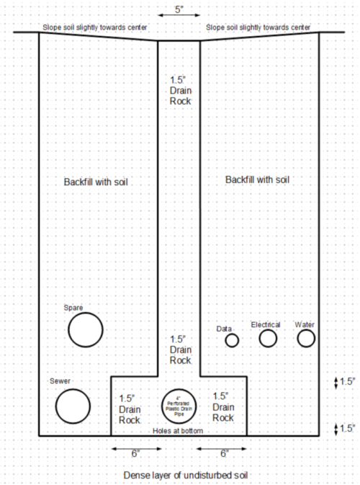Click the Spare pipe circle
click(68, 330)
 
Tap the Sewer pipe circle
click(56, 406)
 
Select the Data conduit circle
click(225, 341)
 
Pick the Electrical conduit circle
click(259, 339)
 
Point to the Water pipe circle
click(297, 339)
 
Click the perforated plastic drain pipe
click(161, 406)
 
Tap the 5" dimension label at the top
click(179, 9)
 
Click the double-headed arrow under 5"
click(179, 15)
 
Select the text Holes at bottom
click(178, 430)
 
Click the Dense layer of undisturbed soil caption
click(186, 475)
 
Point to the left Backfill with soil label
click(96, 182)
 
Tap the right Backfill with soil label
click(258, 179)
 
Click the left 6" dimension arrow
click(136, 448)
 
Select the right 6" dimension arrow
click(222, 448)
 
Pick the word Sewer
click(60, 381)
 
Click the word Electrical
click(266, 324)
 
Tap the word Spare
click(73, 308)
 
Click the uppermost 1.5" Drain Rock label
click(181, 91)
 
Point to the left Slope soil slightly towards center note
click(95, 27)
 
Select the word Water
click(305, 324)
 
